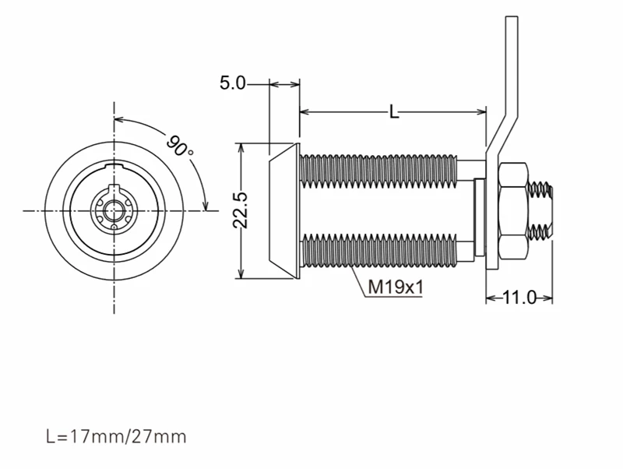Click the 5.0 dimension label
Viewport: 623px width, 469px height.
coord(233,83)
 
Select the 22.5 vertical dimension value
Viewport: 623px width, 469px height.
coord(240,210)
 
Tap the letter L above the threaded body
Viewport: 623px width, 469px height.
coord(393,111)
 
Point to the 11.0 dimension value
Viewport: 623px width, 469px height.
coord(519,298)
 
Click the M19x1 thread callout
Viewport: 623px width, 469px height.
coord(396,287)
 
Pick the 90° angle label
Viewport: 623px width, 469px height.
coord(180,146)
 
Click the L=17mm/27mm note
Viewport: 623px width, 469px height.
coord(116,436)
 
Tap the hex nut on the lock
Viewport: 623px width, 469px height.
coord(513,210)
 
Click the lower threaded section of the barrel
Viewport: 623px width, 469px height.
coord(380,251)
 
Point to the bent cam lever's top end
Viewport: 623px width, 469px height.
coord(512,17)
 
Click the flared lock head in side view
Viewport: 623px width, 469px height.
coord(283,210)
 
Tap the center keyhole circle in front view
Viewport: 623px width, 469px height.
coord(114,210)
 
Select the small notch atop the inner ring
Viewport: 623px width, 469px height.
coord(114,165)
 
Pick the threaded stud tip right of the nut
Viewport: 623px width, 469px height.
coord(541,210)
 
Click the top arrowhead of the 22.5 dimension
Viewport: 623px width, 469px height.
coord(241,148)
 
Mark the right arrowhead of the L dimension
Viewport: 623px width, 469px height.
coord(481,111)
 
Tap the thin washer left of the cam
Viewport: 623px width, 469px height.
coord(480,217)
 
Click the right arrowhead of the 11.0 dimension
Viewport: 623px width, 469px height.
coord(547,298)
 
